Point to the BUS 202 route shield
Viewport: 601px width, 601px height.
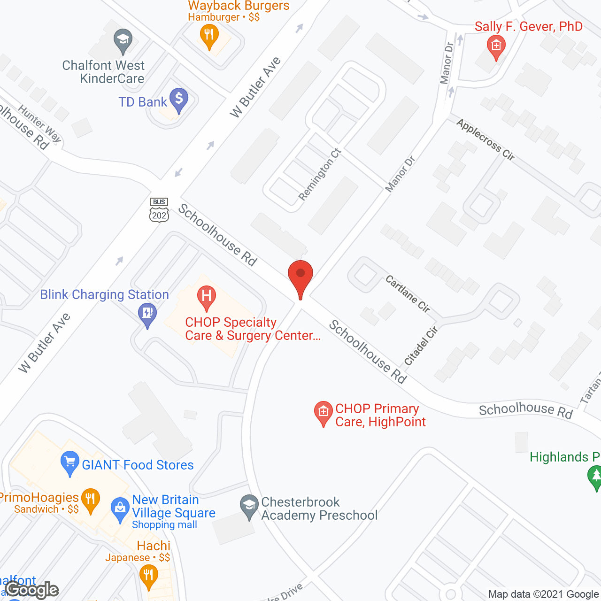(159, 210)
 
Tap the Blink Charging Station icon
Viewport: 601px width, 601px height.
(147, 314)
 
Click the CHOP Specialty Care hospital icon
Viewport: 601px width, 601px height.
(206, 297)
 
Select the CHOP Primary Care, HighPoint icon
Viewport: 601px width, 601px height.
(323, 412)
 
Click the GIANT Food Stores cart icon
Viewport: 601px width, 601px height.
(70, 464)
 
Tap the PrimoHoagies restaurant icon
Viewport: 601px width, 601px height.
(90, 500)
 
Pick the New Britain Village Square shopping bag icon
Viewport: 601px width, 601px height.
(120, 509)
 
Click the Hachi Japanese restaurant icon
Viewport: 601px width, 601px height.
(149, 576)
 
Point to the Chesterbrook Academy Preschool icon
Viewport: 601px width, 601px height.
(249, 506)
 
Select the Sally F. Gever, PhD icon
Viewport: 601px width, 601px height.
(496, 46)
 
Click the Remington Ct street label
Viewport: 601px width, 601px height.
(320, 174)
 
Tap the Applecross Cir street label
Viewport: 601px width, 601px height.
(485, 140)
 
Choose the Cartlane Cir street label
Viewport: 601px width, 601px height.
(408, 294)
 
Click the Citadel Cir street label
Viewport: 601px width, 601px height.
(421, 346)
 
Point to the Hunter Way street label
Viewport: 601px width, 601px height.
(40, 123)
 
